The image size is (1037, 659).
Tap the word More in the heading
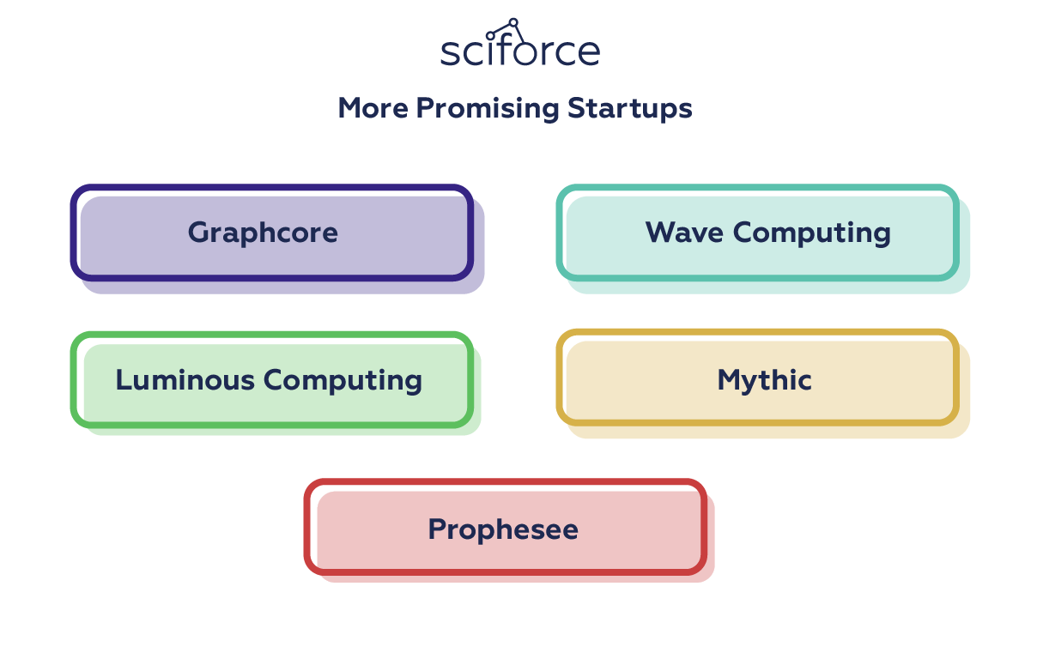pyautogui.click(x=373, y=108)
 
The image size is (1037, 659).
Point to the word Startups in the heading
pyautogui.click(x=629, y=109)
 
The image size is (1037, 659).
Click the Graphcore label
pyautogui.click(x=263, y=233)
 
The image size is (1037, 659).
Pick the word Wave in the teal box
pyautogui.click(x=684, y=233)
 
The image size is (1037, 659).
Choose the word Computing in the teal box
pyautogui.click(x=811, y=233)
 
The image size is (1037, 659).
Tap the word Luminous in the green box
pyautogui.click(x=185, y=380)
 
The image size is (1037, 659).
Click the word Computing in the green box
pyautogui.click(x=343, y=381)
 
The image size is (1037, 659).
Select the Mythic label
pyautogui.click(x=764, y=381)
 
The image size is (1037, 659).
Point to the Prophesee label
pyautogui.click(x=503, y=529)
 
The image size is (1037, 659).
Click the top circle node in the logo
pyautogui.click(x=513, y=22)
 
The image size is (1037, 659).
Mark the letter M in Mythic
pyautogui.click(x=731, y=380)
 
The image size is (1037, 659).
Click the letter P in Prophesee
pyautogui.click(x=438, y=529)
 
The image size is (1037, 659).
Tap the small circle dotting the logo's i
pyautogui.click(x=490, y=36)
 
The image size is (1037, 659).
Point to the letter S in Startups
pyautogui.click(x=577, y=108)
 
